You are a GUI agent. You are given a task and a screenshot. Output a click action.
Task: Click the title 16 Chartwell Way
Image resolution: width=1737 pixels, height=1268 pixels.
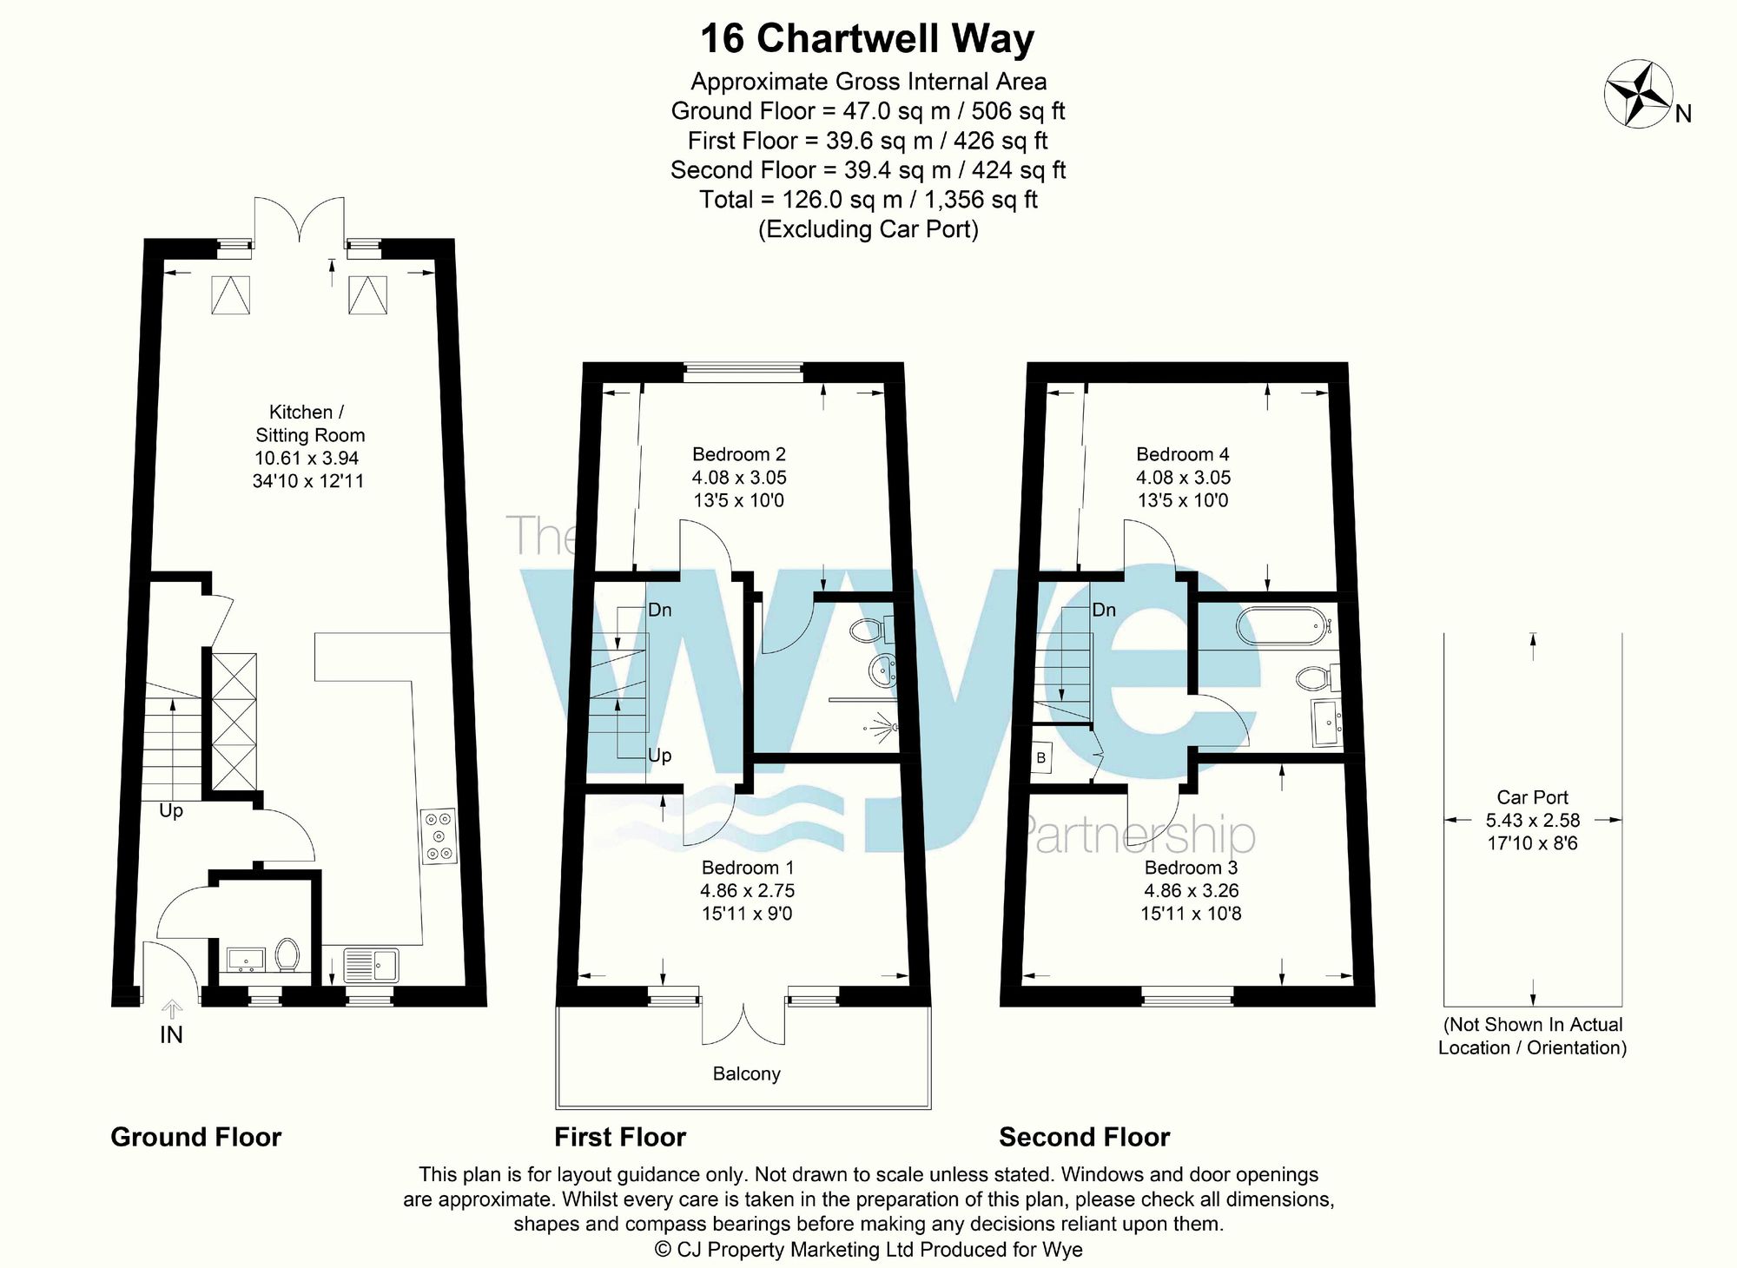[x=867, y=39]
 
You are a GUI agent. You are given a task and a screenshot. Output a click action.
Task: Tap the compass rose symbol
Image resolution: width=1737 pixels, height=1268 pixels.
[x=1638, y=95]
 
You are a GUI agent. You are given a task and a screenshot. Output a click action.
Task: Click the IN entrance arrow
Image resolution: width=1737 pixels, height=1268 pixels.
[x=172, y=1009]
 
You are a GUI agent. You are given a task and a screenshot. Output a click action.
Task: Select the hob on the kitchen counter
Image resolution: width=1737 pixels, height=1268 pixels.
[x=439, y=835]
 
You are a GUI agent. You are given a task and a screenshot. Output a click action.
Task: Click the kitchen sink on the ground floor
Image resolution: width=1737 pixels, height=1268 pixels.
[x=371, y=965]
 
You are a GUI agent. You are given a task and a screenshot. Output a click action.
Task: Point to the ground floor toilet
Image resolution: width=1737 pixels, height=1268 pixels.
[x=287, y=954]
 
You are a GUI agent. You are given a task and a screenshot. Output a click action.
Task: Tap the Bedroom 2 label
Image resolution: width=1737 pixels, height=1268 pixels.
[x=738, y=454]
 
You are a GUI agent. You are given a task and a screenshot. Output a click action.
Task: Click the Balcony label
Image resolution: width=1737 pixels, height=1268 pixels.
[x=746, y=1073]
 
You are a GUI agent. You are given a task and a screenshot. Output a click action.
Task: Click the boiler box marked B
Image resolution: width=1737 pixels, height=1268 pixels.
[x=1041, y=758]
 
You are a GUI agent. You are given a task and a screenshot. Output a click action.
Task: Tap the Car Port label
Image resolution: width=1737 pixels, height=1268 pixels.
[x=1532, y=797]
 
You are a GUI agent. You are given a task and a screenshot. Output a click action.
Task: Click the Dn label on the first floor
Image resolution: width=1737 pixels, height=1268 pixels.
[x=660, y=610]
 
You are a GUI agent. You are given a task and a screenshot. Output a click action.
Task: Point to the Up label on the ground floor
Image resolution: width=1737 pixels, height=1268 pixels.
[x=171, y=810]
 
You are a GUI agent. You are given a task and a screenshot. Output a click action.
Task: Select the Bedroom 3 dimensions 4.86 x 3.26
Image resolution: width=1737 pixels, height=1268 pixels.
[x=1191, y=890]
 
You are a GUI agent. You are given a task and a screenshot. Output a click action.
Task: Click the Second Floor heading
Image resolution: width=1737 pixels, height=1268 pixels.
[x=1084, y=1137]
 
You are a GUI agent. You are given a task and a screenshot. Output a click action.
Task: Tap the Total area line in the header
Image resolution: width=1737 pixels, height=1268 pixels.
[x=868, y=200]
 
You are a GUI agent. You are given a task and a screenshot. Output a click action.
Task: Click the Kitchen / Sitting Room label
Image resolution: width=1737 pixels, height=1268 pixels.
[x=307, y=424]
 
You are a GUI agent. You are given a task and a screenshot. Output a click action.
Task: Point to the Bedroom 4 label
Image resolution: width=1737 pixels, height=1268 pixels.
[x=1182, y=454]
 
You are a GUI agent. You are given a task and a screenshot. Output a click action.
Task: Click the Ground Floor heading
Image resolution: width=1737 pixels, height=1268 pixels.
[x=196, y=1137]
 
